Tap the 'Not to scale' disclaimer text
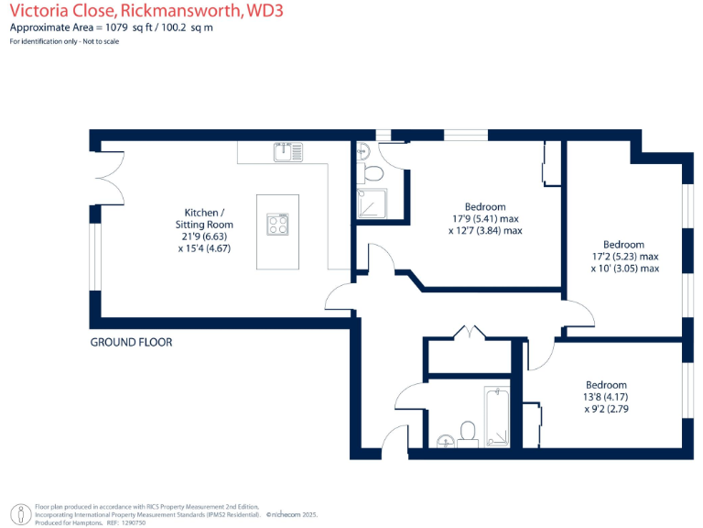[103, 42]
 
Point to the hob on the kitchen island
[278, 223]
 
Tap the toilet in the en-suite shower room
[373, 171]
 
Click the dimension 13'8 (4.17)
[606, 396]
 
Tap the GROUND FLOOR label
[131, 342]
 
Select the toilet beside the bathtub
[468, 431]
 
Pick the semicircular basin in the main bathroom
[443, 439]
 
